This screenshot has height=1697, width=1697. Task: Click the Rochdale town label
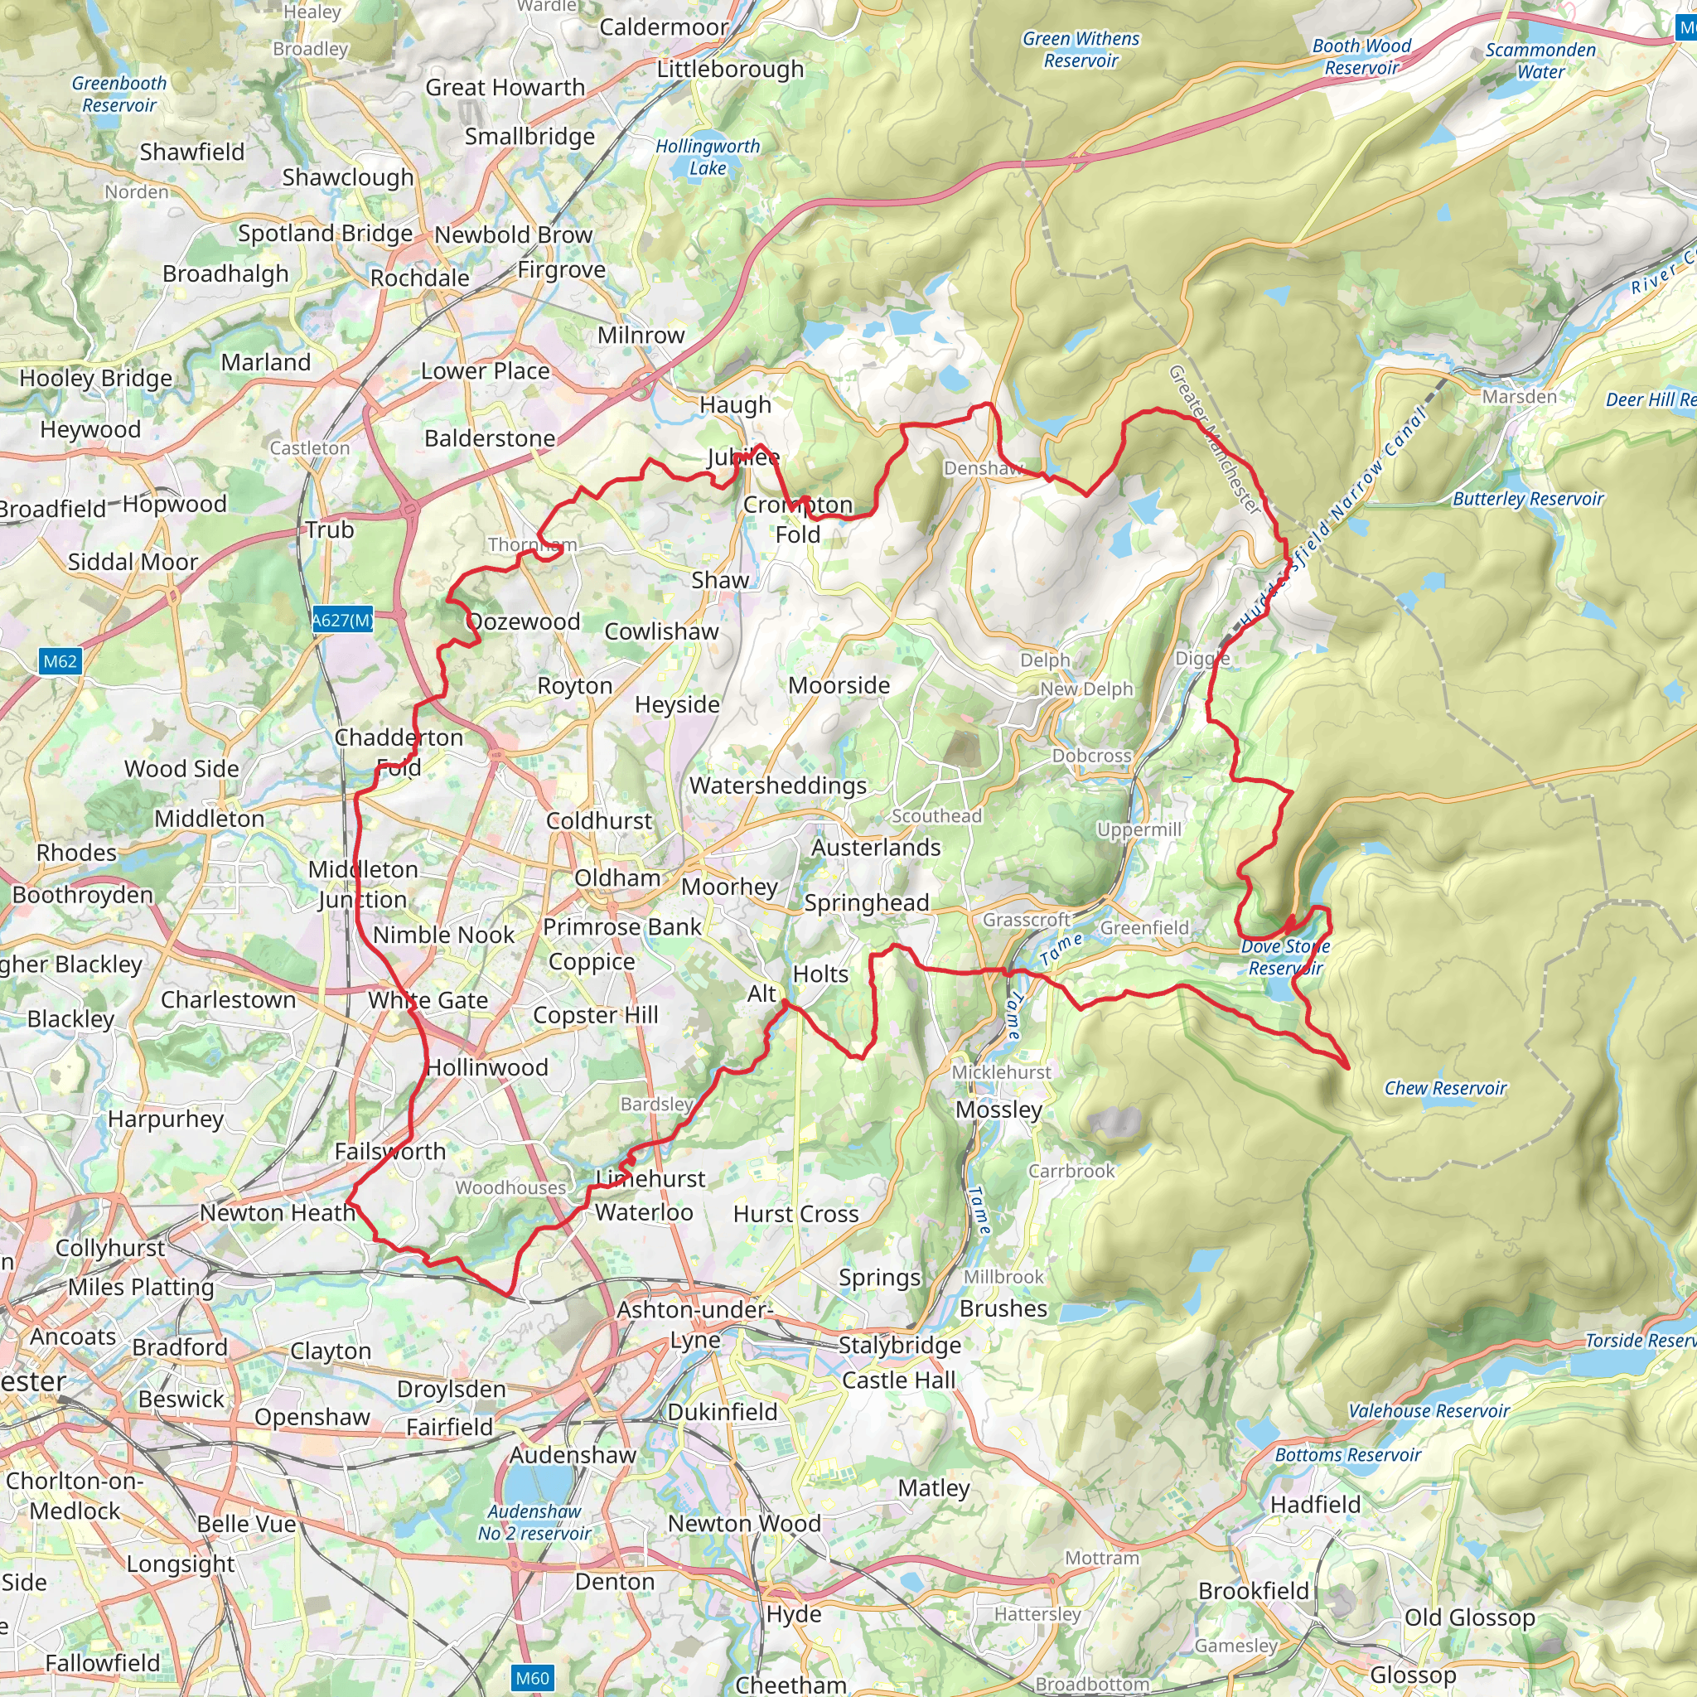419,278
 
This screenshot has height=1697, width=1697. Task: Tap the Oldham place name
616,878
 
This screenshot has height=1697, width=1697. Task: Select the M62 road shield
60,661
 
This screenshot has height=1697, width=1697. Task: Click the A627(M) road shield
342,620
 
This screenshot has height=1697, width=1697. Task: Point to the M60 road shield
532,1678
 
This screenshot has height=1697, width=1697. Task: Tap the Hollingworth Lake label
707,157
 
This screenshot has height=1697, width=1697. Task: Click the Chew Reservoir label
1445,1088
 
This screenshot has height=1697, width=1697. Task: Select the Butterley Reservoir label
1527,499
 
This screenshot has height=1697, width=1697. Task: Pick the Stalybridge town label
898,1345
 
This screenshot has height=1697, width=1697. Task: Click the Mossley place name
998,1110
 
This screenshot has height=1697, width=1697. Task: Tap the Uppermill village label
1139,829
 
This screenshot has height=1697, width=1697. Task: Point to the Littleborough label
730,69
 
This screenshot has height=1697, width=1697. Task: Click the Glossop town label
1413,1674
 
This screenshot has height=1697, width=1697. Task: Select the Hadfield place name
1315,1505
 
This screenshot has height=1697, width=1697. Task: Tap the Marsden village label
1519,396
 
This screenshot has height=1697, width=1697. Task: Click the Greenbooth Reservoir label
118,94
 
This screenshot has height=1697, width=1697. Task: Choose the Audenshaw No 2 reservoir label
534,1522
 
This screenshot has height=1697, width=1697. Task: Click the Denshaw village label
983,468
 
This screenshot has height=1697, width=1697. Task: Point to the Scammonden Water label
1540,60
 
